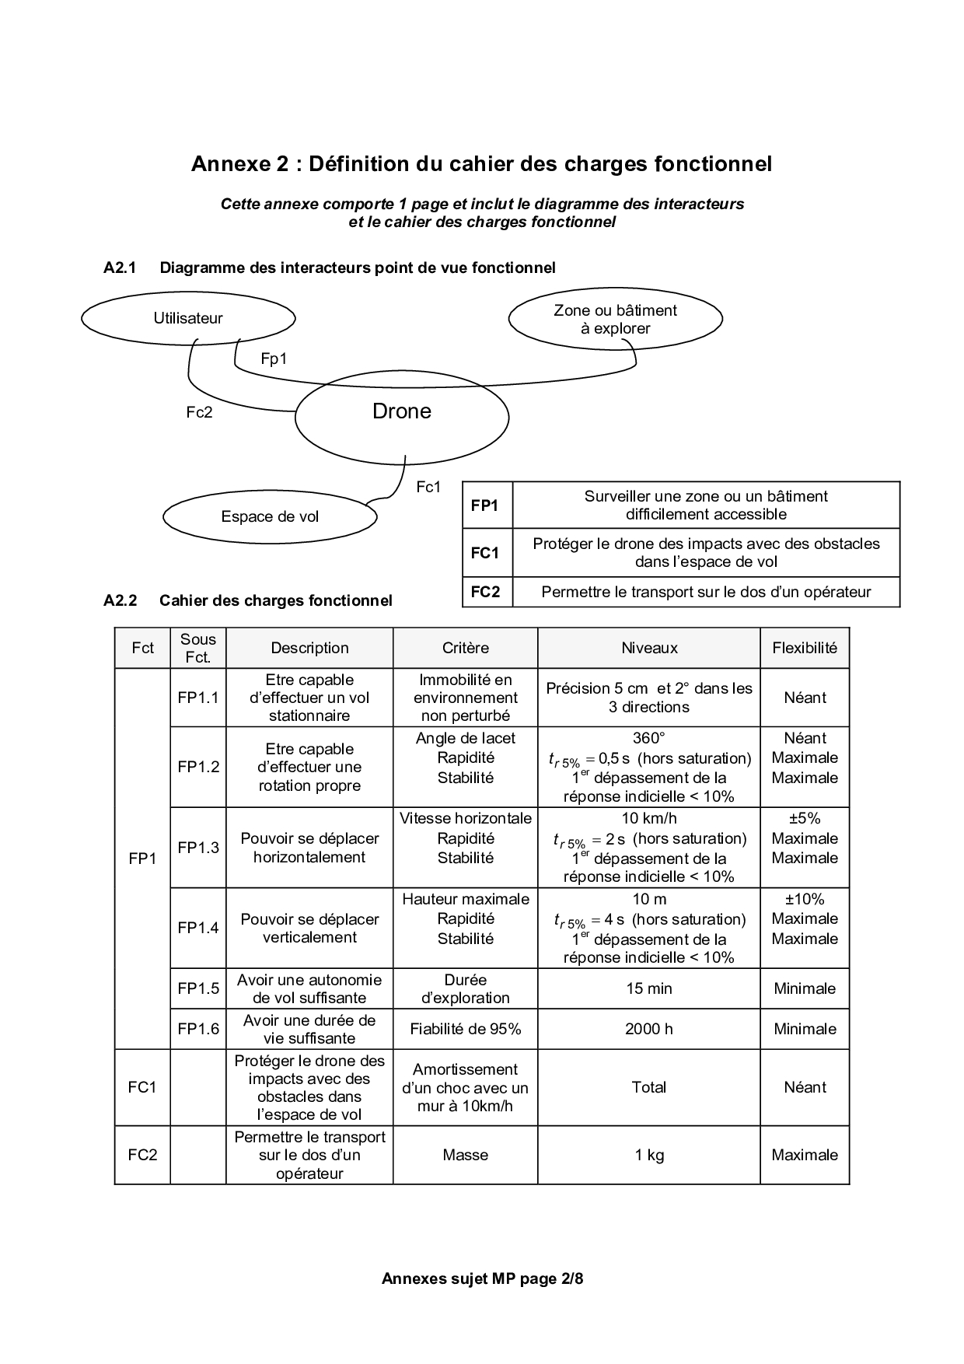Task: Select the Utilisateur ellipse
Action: click(x=188, y=318)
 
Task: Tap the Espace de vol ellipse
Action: click(x=270, y=516)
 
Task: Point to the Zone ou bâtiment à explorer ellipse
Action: click(x=615, y=319)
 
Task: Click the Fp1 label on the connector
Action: click(x=274, y=358)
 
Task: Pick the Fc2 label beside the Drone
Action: click(x=199, y=412)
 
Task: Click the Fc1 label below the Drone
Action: click(x=428, y=487)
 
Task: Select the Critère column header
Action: click(x=465, y=648)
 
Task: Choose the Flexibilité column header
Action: click(x=805, y=648)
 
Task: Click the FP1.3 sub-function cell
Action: click(x=198, y=848)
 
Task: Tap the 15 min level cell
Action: click(x=648, y=988)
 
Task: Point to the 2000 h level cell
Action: click(x=648, y=1029)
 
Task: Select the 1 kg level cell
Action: click(x=648, y=1155)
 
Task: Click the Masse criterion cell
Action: click(x=465, y=1155)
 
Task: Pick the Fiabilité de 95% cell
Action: click(x=465, y=1029)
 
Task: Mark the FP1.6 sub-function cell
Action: click(x=198, y=1029)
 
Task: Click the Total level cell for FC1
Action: click(x=648, y=1087)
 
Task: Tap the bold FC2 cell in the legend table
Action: click(x=485, y=592)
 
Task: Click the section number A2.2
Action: click(x=120, y=600)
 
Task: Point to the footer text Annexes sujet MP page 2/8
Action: click(x=482, y=1278)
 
